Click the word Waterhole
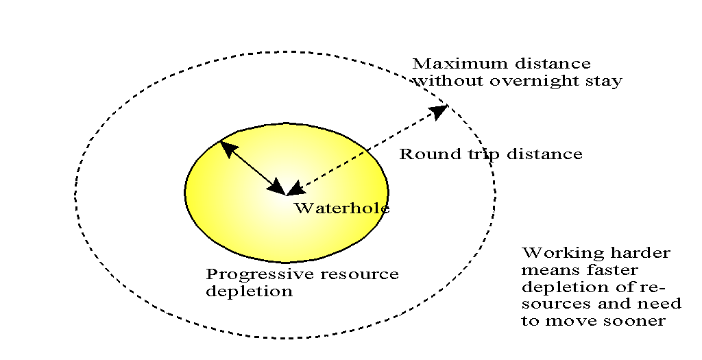click(341, 208)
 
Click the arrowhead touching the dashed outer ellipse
click(438, 111)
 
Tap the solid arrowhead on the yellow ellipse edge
click(227, 147)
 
